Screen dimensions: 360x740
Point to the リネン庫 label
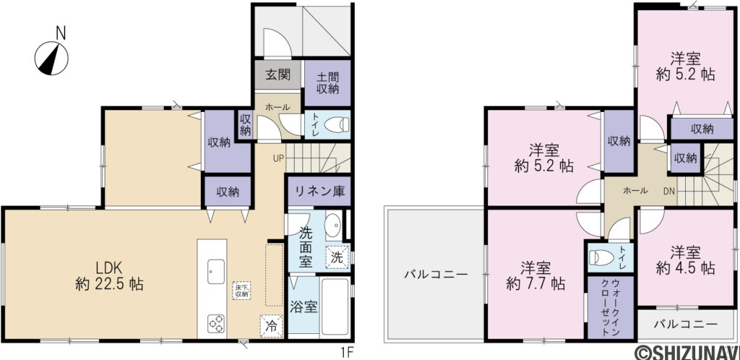pyautogui.click(x=317, y=192)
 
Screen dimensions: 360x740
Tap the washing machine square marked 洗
pyautogui.click(x=336, y=257)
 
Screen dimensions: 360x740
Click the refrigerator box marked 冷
pyautogui.click(x=270, y=326)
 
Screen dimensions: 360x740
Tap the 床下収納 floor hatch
pyautogui.click(x=241, y=291)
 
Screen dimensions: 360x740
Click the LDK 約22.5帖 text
pyautogui.click(x=109, y=275)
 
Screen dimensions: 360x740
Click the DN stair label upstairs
pyautogui.click(x=670, y=192)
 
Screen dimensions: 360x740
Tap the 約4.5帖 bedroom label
pyautogui.click(x=686, y=260)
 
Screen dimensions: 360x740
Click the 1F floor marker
pyautogui.click(x=347, y=352)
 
